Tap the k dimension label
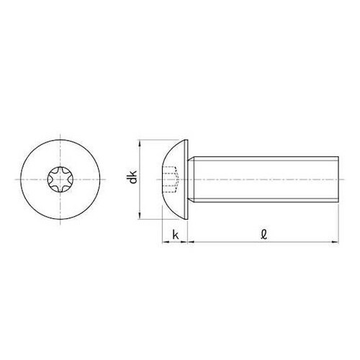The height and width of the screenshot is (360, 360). click(x=176, y=234)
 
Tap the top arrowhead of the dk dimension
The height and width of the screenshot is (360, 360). click(x=138, y=144)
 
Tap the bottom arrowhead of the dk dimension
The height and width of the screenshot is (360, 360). click(x=138, y=214)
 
